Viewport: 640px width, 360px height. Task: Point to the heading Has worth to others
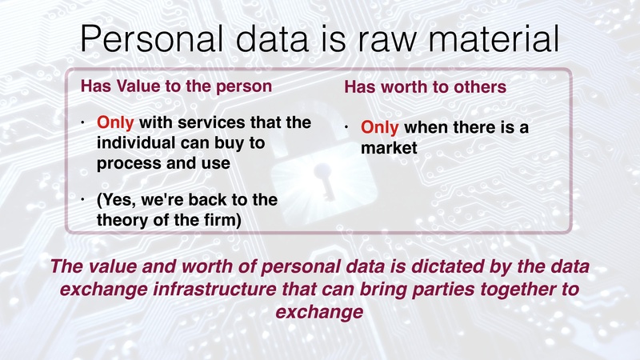[425, 87]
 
